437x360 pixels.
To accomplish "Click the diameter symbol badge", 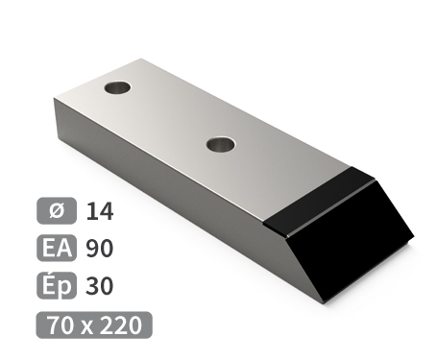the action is pyautogui.click(x=57, y=210).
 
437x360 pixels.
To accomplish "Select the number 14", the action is pyautogui.click(x=100, y=211).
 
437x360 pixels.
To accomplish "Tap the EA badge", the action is pyautogui.click(x=57, y=248).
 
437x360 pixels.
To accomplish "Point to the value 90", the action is pyautogui.click(x=100, y=249).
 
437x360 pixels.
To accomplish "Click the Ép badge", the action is pyautogui.click(x=57, y=285).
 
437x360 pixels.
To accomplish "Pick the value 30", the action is pyautogui.click(x=100, y=286).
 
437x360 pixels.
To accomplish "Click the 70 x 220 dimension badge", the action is pyautogui.click(x=94, y=324).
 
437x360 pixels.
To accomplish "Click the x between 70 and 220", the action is pyautogui.click(x=86, y=327).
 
